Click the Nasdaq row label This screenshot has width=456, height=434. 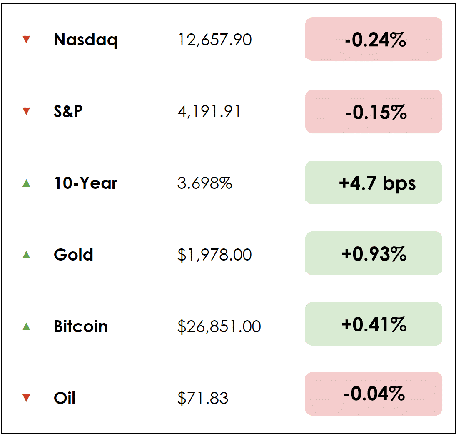85,40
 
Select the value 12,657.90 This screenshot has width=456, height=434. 214,40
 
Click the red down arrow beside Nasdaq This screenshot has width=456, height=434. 26,40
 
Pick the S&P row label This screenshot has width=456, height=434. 68,111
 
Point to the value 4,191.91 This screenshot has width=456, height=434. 209,111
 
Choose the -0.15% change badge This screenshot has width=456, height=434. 374,112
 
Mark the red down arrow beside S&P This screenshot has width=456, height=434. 26,111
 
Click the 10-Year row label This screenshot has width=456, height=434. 85,183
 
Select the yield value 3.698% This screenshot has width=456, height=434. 204,183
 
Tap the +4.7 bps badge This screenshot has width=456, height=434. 374,183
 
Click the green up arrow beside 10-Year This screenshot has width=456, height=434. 26,183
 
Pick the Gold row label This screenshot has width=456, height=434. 73,254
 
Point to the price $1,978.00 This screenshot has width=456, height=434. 214,254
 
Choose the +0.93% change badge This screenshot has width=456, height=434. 374,253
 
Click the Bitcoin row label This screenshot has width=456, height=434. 81,326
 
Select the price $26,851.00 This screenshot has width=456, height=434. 219,326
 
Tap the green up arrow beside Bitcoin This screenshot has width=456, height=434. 26,326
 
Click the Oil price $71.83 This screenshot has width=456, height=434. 203,398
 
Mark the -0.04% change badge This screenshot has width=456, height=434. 374,394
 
